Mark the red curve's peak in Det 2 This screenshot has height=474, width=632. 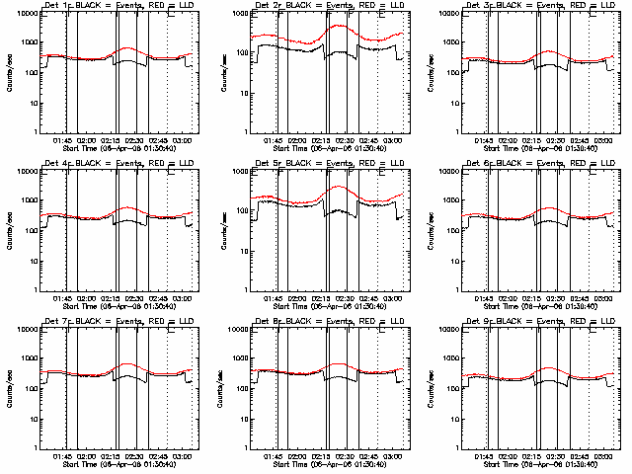(x=341, y=27)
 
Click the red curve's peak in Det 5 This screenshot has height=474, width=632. (x=341, y=186)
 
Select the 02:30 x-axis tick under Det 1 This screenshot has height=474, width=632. (x=136, y=139)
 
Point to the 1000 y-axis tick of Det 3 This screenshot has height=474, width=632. (x=453, y=43)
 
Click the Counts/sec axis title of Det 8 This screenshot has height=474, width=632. (x=224, y=388)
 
